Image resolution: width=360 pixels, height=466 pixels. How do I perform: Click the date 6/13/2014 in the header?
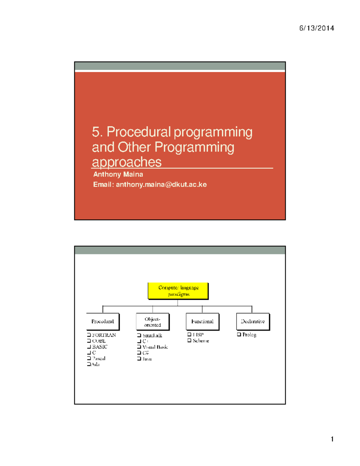point(316,28)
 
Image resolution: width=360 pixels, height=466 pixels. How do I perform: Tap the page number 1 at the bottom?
point(332,439)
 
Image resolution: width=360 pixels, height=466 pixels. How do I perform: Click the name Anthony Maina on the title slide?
point(118,174)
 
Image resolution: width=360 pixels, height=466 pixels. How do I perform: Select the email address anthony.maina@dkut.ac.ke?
point(161,185)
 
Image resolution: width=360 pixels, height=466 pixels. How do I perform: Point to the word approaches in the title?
point(127,162)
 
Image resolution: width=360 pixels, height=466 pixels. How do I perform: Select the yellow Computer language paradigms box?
point(178,291)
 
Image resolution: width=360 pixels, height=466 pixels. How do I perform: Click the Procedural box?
point(103,321)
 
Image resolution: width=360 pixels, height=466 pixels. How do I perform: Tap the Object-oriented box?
point(152,322)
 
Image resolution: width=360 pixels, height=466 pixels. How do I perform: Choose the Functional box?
point(202,321)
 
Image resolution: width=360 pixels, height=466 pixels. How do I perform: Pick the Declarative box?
point(253,321)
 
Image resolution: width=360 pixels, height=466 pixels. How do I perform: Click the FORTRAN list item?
point(104,335)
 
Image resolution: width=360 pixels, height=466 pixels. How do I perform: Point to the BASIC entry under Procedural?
point(100,347)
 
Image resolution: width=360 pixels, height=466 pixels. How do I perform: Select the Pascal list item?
point(99,358)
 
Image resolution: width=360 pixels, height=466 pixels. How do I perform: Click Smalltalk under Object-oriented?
point(152,335)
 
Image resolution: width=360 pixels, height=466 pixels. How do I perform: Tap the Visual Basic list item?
point(155,347)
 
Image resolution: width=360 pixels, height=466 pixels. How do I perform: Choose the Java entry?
point(147,359)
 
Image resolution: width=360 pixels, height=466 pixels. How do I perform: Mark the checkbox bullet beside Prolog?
point(239,334)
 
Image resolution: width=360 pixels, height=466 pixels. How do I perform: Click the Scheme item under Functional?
point(201,341)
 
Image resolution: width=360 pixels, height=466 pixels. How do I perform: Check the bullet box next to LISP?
point(189,334)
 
